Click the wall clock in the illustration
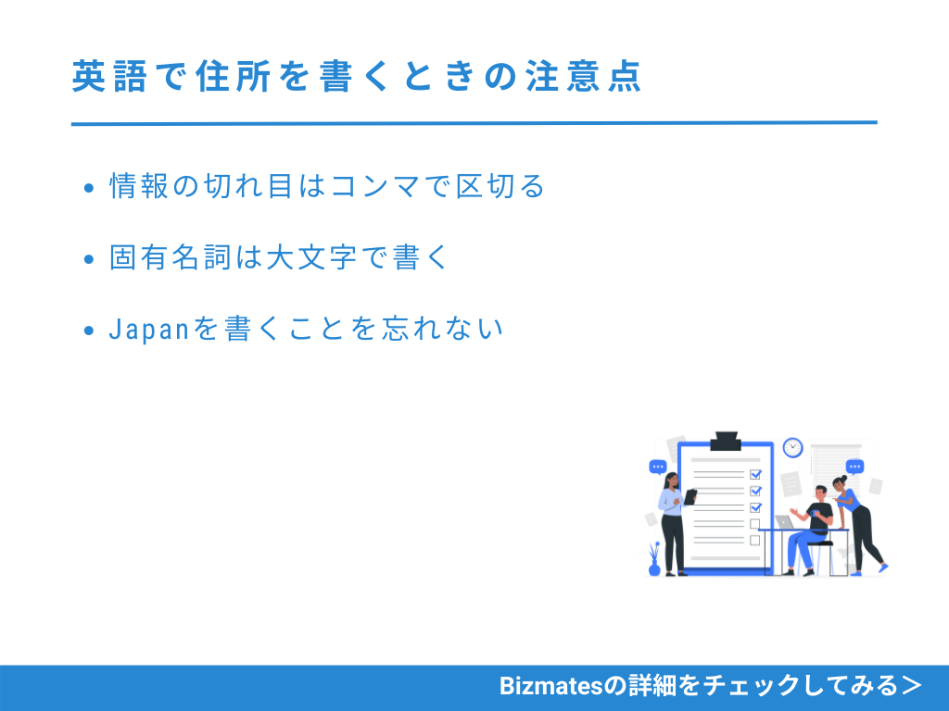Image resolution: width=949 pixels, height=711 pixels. (x=792, y=447)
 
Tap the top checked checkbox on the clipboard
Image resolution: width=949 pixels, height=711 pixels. (x=755, y=474)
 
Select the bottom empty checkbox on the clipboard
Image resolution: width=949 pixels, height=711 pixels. (x=755, y=540)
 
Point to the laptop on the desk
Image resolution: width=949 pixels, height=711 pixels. (x=786, y=522)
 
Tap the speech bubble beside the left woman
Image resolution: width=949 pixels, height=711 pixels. (x=658, y=468)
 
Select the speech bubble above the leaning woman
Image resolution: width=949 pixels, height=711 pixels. (x=854, y=467)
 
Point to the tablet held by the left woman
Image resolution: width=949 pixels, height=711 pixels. (x=690, y=496)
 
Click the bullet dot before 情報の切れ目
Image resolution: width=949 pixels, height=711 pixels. (x=89, y=188)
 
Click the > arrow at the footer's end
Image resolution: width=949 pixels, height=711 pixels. (x=912, y=686)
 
